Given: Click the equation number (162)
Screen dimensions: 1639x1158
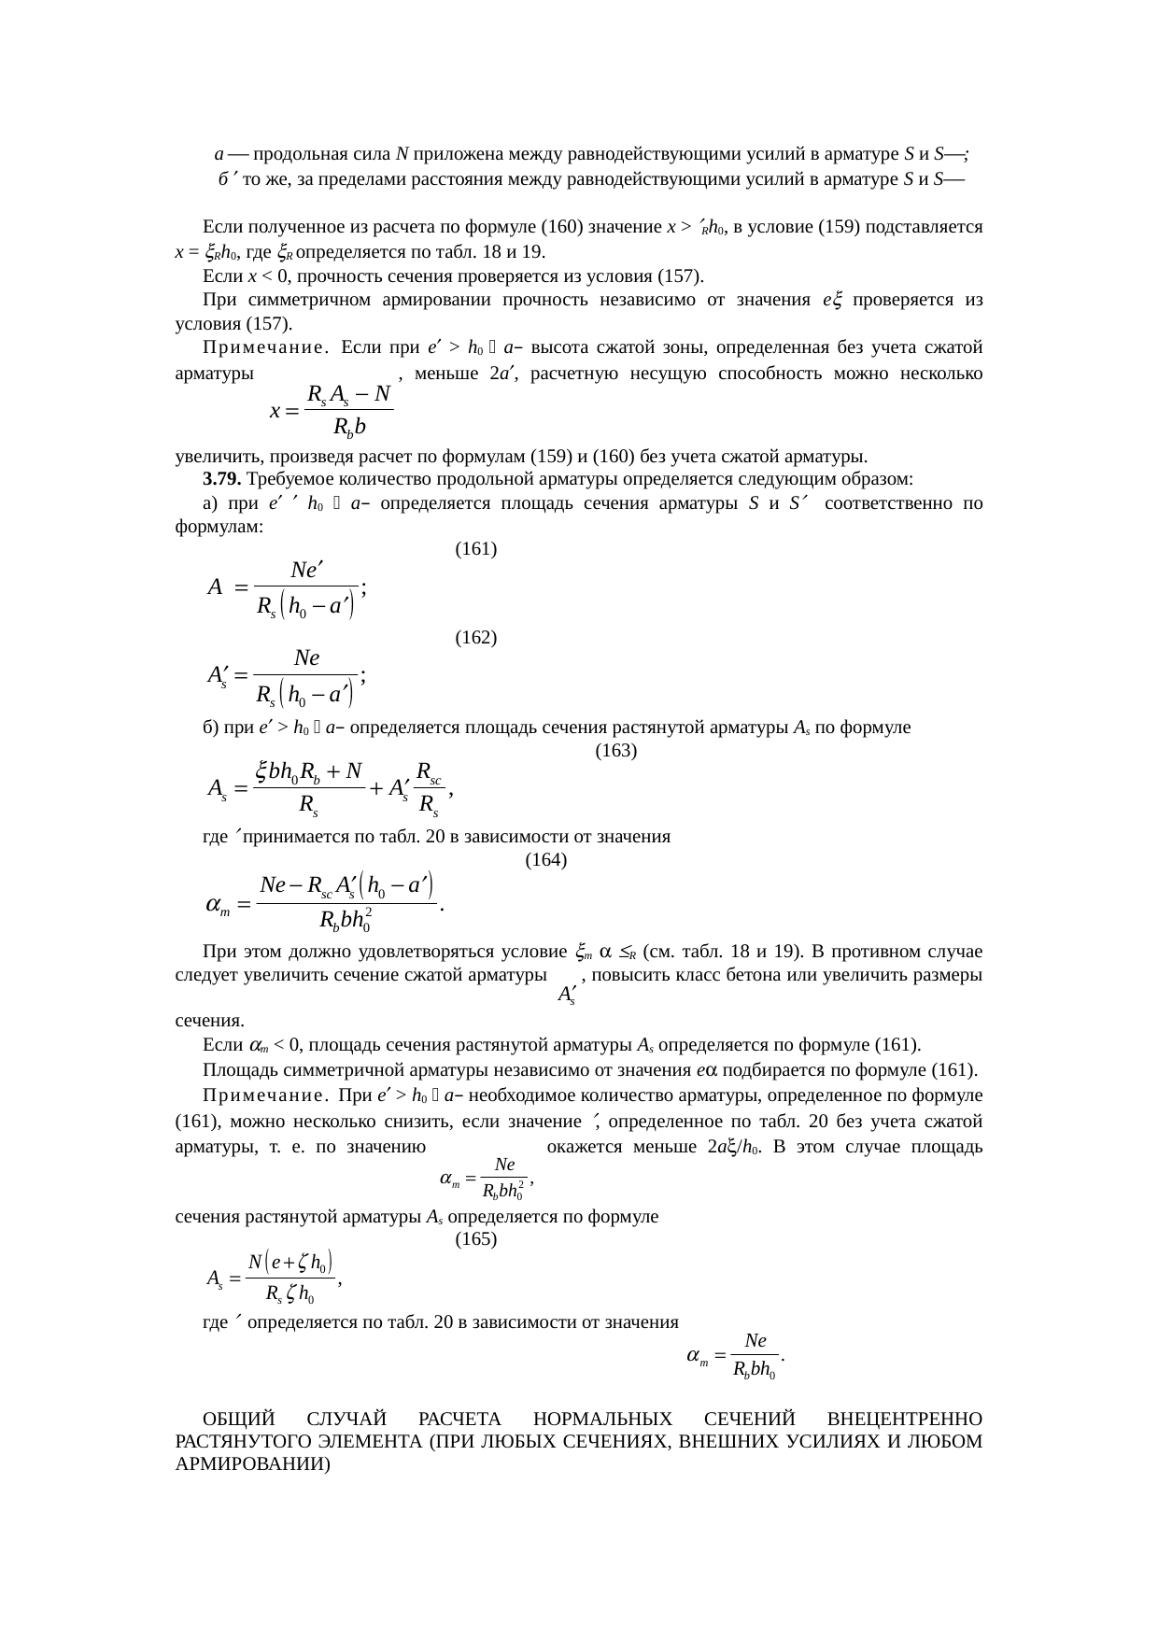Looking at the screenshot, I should (x=474, y=638).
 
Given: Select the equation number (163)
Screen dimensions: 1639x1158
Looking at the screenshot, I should (x=615, y=750).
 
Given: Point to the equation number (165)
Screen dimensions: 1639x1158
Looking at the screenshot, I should (x=474, y=1239).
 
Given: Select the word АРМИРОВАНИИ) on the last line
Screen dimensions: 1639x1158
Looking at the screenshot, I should (x=252, y=1463).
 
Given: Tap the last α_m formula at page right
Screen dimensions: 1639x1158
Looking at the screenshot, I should (x=734, y=1356).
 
